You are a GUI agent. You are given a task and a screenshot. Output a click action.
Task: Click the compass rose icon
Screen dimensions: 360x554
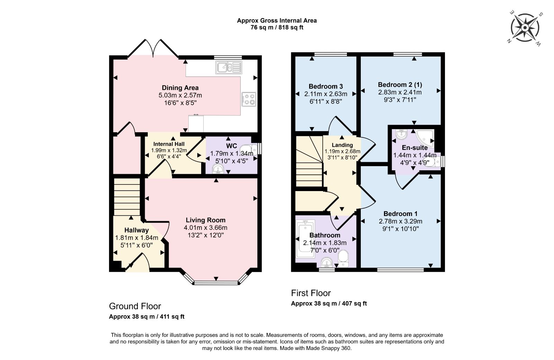pos(525,28)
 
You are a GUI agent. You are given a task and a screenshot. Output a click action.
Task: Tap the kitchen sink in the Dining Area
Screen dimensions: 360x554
pos(229,67)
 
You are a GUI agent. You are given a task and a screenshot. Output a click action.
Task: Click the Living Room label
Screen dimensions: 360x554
pos(205,220)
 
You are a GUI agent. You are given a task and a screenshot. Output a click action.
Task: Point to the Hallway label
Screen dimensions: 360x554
pos(136,230)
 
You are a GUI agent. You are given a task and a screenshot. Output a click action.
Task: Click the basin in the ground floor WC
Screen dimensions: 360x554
pos(218,169)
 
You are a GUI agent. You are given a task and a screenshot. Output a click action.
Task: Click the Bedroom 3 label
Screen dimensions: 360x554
pos(325,87)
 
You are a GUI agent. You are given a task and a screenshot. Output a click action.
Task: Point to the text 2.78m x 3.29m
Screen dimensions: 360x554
pos(400,222)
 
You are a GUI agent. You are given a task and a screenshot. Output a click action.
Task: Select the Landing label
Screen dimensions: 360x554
pos(342,145)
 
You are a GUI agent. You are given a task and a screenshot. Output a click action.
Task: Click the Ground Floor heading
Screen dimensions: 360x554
pos(135,306)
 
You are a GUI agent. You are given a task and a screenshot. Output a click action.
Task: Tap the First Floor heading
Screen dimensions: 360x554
pos(311,293)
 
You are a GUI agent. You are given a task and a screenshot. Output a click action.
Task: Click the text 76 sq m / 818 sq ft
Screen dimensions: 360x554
pos(277,28)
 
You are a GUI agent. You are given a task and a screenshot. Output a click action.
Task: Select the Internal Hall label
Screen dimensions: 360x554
pos(169,144)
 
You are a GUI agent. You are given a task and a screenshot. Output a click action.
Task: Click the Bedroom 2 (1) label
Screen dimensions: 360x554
pos(400,85)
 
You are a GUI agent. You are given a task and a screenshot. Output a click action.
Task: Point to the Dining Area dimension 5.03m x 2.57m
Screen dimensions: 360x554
pos(180,95)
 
